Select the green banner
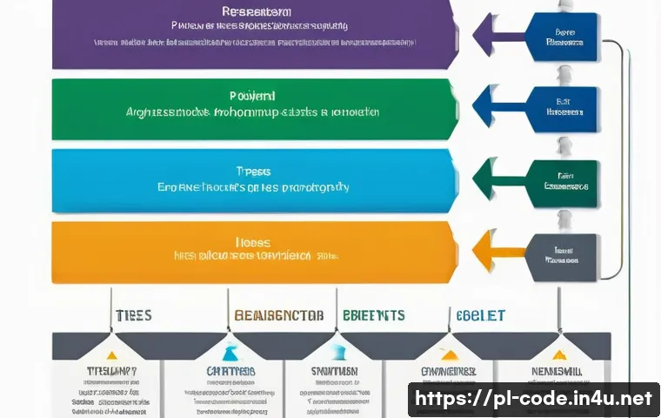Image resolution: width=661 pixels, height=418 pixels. click(252, 109)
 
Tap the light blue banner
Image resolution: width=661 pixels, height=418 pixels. click(252, 180)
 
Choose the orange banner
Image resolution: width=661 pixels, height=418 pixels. click(252, 251)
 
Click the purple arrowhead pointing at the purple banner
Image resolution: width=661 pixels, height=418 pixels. click(487, 37)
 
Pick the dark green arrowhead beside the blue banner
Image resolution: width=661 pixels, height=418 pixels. click(487, 180)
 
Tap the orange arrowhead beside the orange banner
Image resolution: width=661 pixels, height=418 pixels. click(487, 251)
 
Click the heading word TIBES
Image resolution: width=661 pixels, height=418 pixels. click(132, 315)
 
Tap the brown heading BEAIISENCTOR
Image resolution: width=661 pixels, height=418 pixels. click(278, 315)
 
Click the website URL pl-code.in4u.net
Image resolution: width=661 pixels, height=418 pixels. click(533, 400)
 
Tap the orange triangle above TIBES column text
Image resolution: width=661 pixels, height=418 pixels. click(110, 354)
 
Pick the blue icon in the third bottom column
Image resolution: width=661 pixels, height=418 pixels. click(336, 354)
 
